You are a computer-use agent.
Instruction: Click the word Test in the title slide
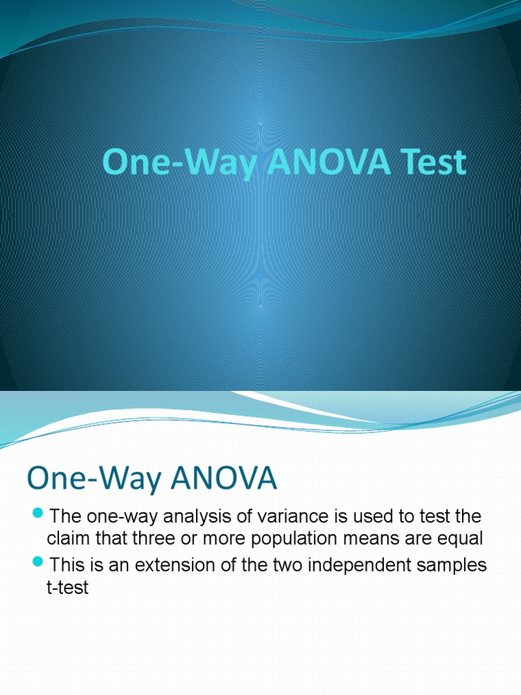coord(434,164)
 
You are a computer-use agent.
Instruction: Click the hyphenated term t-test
coord(68,588)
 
